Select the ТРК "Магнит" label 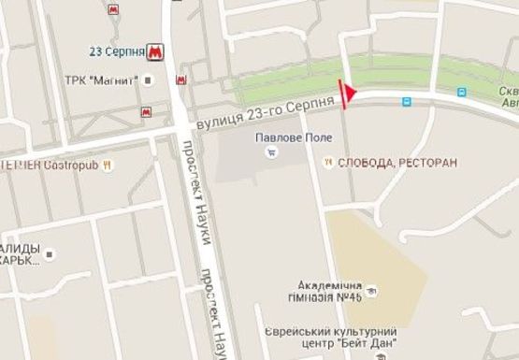(x=102, y=79)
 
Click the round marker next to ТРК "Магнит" (x=149, y=79)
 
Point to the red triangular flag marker (x=350, y=93)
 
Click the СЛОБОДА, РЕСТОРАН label (x=397, y=163)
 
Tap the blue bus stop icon (x=460, y=93)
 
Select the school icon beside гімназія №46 (x=371, y=290)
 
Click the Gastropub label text (x=69, y=165)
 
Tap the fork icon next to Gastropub (x=110, y=165)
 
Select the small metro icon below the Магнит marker (x=146, y=112)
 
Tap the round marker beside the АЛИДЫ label (x=50, y=252)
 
